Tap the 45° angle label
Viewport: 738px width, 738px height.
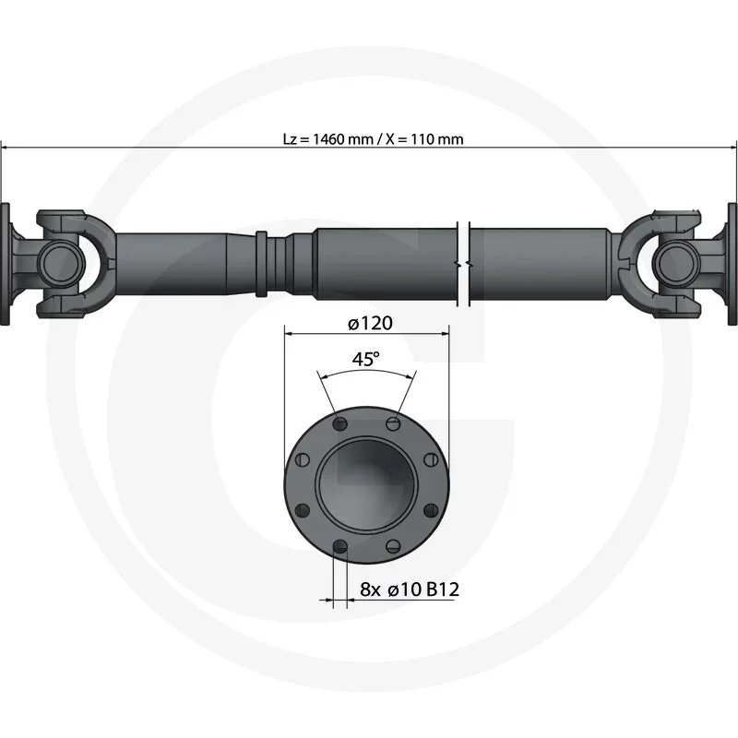pyautogui.click(x=366, y=360)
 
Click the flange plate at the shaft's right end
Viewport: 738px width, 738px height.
pyautogui.click(x=732, y=264)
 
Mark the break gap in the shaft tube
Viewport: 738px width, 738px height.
pyautogui.click(x=464, y=263)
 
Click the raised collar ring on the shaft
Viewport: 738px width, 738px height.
pyautogui.click(x=262, y=262)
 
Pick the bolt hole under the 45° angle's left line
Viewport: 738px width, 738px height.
pyautogui.click(x=340, y=423)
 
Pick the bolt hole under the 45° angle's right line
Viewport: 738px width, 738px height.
pyautogui.click(x=393, y=423)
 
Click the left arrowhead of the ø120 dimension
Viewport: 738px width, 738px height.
pyautogui.click(x=289, y=333)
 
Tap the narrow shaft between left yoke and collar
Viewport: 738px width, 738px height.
pyautogui.click(x=175, y=263)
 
